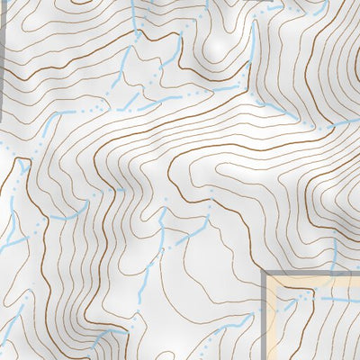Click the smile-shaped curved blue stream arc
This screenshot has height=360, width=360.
tap(67, 216)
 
